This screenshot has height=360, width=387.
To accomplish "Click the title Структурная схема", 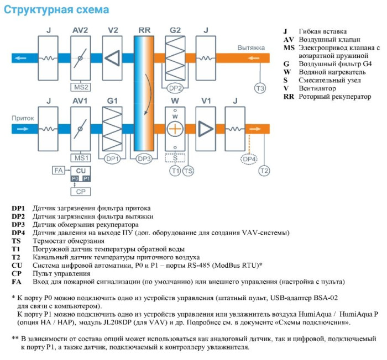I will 57,10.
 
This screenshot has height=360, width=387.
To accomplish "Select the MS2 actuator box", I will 81,87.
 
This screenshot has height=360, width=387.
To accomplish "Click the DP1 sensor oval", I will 113,158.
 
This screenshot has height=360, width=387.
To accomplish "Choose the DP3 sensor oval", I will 144,158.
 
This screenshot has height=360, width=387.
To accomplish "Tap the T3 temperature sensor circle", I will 259,88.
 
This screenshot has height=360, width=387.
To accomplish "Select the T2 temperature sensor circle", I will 264,171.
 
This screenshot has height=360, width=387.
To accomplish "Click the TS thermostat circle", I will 189,171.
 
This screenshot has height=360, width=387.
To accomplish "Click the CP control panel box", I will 81,191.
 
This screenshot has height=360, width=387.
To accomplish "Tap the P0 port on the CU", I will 75,178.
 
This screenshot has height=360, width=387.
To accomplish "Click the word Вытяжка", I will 251,47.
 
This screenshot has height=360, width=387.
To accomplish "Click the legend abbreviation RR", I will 288,96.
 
